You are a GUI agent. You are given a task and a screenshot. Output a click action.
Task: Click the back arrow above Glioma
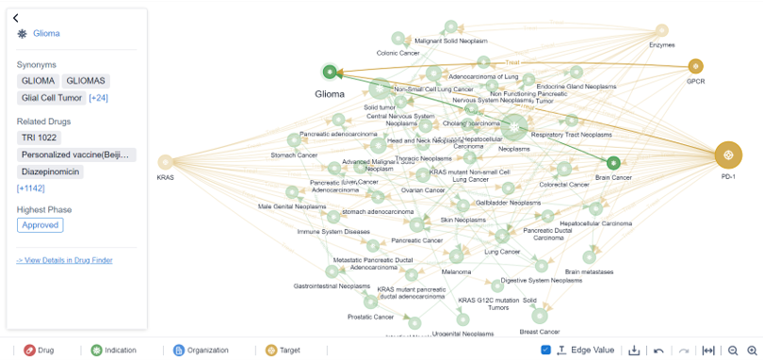16,18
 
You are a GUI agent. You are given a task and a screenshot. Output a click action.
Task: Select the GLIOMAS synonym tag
86,82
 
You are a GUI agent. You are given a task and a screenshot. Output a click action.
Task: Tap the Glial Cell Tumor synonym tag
52,98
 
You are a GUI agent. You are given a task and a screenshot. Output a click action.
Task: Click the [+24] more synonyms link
98,98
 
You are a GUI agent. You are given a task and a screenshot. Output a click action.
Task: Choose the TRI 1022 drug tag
39,139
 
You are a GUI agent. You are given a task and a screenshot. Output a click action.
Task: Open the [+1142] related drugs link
30,188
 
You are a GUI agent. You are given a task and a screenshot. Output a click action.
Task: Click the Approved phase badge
40,225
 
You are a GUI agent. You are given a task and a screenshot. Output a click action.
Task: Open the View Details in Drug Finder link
64,260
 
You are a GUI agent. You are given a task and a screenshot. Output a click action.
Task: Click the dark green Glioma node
330,72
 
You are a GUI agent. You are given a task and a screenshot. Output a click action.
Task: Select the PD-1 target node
727,155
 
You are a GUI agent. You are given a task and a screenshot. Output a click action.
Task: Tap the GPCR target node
695,66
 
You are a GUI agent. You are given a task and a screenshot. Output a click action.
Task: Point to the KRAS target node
166,162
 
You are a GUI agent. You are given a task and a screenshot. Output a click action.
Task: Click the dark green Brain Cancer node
613,163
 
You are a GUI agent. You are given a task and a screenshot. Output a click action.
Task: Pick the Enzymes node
662,31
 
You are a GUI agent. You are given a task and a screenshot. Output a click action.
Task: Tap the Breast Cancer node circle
540,316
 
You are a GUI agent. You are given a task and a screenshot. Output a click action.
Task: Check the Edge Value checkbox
546,351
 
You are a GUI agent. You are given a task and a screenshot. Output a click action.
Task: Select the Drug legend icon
29,351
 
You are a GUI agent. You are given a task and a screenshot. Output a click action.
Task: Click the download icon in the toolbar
634,351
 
